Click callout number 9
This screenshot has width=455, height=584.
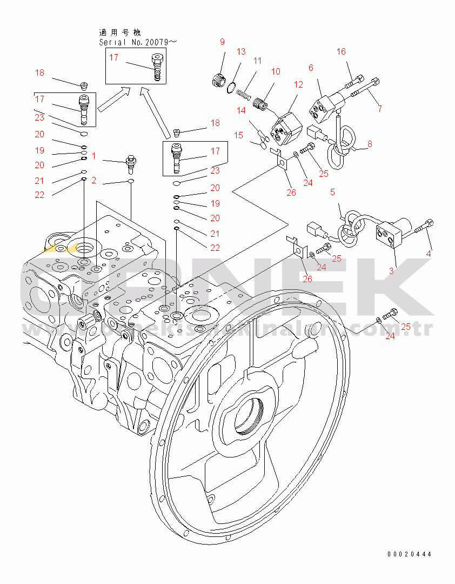click(222, 42)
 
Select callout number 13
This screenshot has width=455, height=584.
click(241, 52)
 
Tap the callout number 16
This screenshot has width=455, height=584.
click(341, 52)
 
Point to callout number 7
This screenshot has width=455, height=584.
click(380, 109)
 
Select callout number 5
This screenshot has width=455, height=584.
click(332, 191)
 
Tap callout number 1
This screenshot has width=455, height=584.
click(93, 156)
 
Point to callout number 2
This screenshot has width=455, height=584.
click(93, 181)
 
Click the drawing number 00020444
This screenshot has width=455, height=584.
click(409, 554)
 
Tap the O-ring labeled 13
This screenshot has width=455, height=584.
click(231, 85)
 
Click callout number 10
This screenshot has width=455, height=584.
click(276, 71)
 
